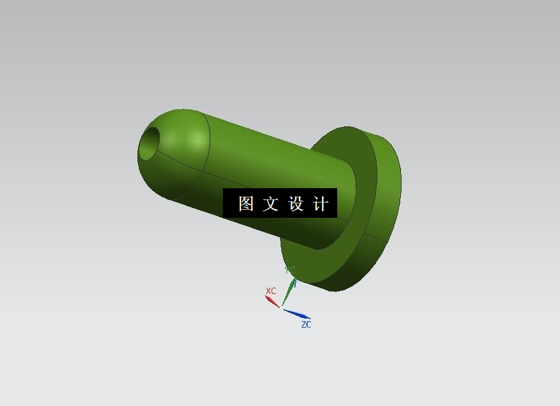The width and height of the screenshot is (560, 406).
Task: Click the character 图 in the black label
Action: coord(246,204)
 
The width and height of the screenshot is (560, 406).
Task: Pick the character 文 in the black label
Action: coord(271,204)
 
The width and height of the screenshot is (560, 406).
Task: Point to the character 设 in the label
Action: coord(296,204)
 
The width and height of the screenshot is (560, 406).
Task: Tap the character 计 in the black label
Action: coord(321,204)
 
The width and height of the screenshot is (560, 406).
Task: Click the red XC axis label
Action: coord(271,291)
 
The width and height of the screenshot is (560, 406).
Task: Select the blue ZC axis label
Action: coord(306,324)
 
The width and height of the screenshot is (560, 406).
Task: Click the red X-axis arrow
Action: coord(272,301)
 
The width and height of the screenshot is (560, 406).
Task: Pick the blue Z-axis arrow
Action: coord(297,314)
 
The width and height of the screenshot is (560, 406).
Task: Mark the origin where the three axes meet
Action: coord(282,307)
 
